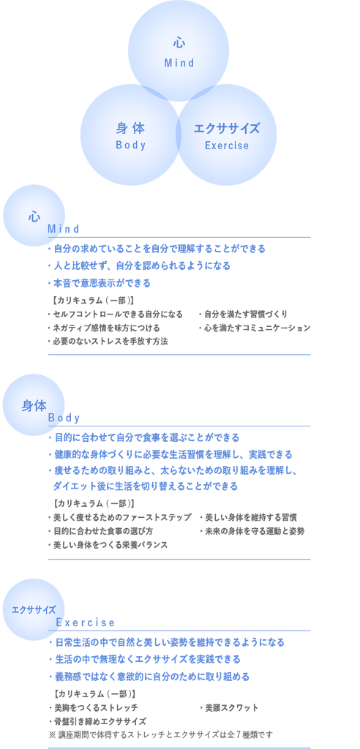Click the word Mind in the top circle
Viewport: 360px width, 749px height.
179,63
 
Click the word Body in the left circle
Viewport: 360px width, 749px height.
130,146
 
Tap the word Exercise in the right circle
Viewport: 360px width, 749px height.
227,146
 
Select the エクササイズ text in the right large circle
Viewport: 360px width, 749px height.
227,129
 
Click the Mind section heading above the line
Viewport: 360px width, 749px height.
63,229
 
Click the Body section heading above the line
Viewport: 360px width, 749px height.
64,418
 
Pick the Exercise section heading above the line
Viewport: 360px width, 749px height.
86,622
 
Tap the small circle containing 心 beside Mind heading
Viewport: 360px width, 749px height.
34,216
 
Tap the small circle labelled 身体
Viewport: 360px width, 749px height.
34,404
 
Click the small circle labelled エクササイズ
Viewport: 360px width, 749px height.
34,609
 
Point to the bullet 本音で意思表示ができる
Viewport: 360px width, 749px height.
99,283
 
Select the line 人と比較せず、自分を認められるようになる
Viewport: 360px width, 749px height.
138,266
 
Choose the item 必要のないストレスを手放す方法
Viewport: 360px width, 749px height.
108,341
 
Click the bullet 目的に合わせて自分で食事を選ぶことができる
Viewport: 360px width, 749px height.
143,437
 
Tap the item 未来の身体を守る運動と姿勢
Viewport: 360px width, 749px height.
252,531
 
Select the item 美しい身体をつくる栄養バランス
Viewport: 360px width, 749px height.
108,544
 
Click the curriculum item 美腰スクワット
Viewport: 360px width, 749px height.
228,707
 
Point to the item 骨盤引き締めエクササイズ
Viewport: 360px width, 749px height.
97,720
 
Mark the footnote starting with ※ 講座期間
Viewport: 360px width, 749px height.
160,734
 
